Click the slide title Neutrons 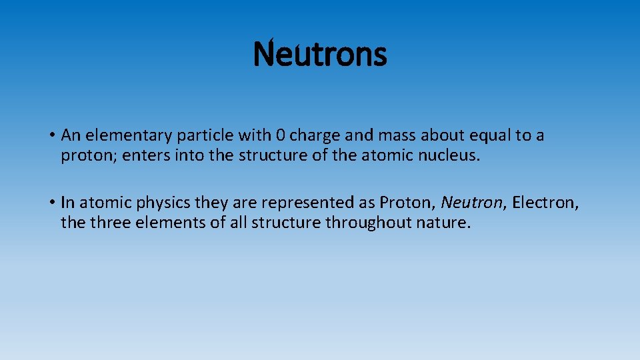(320, 55)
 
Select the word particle (202, 136)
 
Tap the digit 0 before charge (281, 136)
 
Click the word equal (492, 136)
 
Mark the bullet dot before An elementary (51, 136)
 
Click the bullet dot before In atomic (51, 202)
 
